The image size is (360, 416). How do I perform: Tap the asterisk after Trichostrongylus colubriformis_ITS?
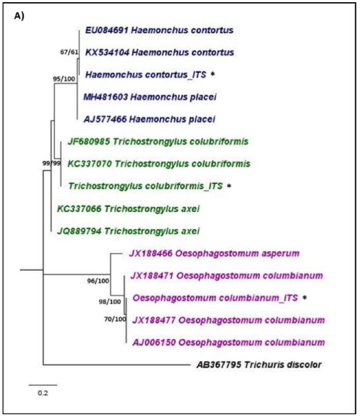point(229,186)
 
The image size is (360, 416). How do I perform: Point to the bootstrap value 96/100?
point(98,282)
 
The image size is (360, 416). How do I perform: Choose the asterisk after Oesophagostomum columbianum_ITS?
point(305,298)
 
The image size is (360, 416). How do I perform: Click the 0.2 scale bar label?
point(42,392)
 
